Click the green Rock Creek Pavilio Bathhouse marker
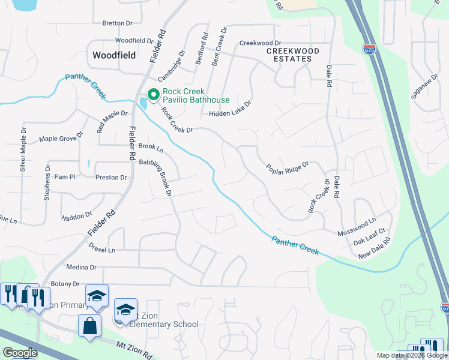(153, 95)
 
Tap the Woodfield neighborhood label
(114, 55)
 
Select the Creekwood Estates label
(289, 55)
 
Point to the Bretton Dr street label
(117, 23)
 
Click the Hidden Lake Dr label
(229, 113)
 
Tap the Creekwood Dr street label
(260, 43)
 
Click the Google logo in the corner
(20, 352)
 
